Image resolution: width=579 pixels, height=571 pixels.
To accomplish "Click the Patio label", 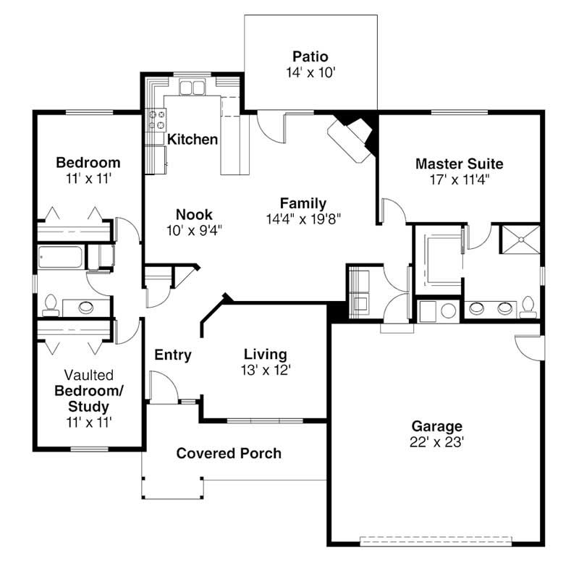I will click(x=310, y=56).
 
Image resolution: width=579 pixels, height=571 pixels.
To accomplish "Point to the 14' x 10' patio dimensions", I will click(x=310, y=72).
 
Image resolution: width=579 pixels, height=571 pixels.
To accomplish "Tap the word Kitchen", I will click(x=193, y=139).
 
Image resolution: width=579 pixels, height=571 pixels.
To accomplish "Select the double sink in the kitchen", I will click(x=192, y=89).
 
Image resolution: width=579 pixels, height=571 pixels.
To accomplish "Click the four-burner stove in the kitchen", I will click(x=156, y=119).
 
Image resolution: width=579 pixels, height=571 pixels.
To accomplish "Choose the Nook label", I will click(x=194, y=214).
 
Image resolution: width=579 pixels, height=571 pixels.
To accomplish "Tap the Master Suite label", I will click(x=459, y=164).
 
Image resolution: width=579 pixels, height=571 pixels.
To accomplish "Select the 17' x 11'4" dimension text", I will click(x=459, y=179).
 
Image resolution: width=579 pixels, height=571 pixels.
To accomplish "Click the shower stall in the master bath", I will click(x=521, y=238).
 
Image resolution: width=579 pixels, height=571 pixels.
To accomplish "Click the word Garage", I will click(x=436, y=426).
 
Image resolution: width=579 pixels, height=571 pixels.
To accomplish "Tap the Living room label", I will click(x=265, y=355).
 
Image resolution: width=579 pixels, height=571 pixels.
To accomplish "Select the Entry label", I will click(x=173, y=355).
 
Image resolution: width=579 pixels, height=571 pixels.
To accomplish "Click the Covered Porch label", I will click(x=229, y=454).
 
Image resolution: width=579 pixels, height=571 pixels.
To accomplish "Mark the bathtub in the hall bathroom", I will click(x=59, y=258).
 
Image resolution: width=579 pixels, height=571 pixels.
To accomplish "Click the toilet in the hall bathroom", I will click(x=51, y=306).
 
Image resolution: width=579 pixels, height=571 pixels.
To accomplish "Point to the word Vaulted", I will click(x=88, y=376).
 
